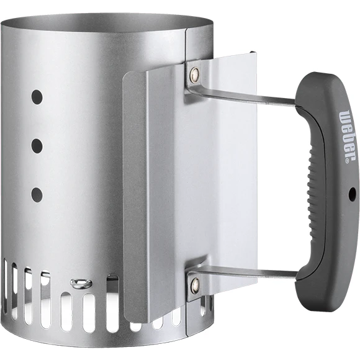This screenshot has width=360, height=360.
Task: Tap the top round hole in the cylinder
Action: tap(37, 97)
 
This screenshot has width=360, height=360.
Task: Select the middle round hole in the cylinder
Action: tap(37, 146)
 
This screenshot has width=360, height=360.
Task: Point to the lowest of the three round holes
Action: tap(37, 194)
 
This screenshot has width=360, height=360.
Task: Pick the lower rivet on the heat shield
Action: tap(195, 286)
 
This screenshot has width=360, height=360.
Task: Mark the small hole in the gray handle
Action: tap(352, 194)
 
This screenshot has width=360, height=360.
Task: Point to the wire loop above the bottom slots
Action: tap(81, 284)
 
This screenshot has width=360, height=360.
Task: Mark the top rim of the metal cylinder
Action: tap(93, 17)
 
